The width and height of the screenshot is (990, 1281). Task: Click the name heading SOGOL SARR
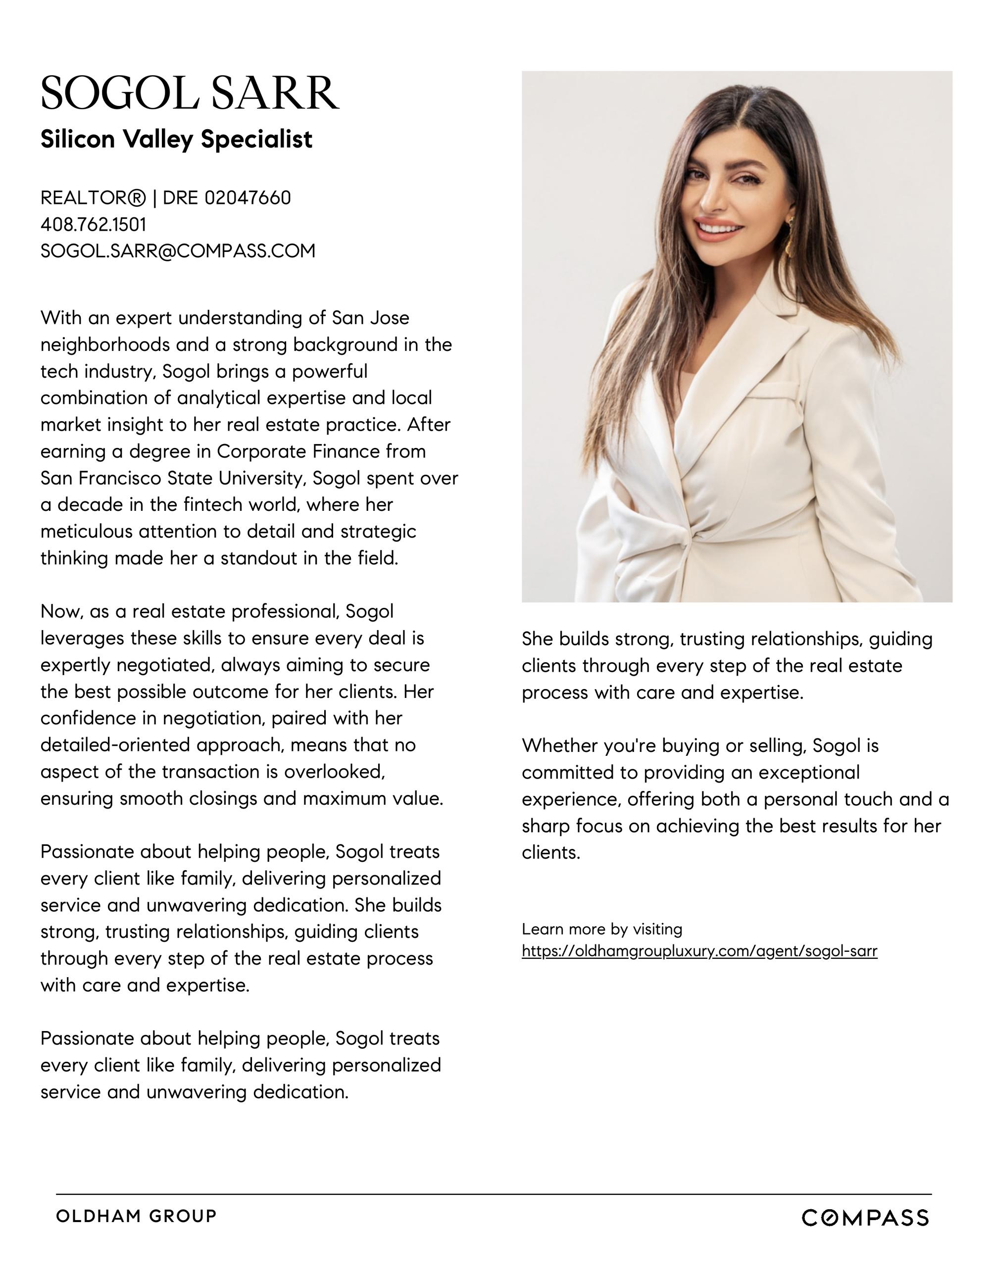click(190, 93)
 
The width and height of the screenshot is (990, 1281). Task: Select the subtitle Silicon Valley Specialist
click(176, 139)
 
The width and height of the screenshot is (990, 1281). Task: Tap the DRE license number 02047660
click(247, 198)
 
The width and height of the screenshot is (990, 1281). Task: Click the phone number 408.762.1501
click(93, 225)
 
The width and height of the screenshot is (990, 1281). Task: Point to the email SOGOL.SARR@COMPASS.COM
click(178, 251)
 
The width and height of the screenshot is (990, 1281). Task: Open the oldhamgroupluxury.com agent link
click(699, 951)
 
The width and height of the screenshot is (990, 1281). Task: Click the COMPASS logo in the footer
click(865, 1218)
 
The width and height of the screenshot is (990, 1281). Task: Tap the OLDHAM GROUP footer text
click(136, 1217)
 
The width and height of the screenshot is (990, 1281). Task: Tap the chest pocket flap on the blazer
click(773, 390)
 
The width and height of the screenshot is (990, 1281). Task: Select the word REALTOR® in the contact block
click(93, 198)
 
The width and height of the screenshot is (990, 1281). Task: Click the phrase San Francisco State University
click(174, 479)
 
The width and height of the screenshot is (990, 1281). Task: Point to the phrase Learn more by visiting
click(602, 929)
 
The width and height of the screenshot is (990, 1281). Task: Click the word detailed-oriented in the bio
click(115, 745)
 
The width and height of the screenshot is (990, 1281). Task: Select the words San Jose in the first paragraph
click(371, 318)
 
